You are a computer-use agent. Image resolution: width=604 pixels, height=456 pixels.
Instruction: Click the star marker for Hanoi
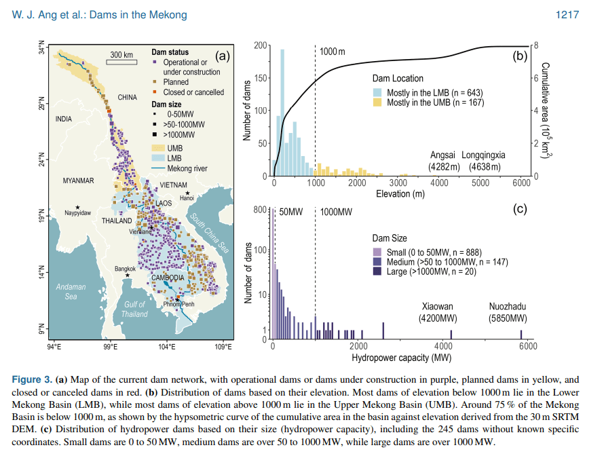(187, 193)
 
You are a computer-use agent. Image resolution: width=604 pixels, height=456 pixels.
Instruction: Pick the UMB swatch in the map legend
(157, 147)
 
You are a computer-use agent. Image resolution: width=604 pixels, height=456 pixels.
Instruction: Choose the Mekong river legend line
(157, 168)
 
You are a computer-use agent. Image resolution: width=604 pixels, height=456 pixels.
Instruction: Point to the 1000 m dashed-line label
(333, 52)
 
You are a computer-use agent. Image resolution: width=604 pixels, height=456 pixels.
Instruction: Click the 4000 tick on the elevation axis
(439, 183)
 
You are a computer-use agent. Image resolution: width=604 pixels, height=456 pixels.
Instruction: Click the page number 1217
(567, 15)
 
